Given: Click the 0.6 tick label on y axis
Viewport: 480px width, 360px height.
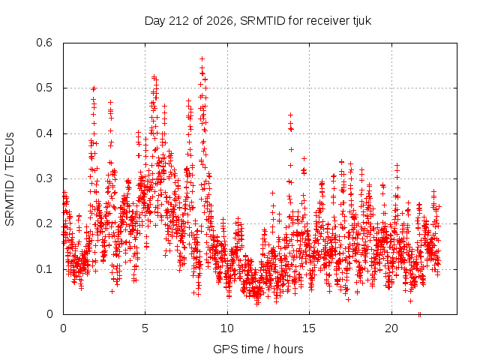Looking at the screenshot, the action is pos(44,43).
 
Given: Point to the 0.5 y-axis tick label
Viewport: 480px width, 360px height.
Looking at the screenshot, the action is pos(44,88).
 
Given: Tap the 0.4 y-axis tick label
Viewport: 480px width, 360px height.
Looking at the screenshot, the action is pos(44,133).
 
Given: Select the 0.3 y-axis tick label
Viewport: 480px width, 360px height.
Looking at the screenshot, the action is pos(44,178).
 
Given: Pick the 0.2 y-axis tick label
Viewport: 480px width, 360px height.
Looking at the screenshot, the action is pos(44,223).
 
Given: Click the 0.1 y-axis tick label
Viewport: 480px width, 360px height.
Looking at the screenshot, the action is pos(44,269).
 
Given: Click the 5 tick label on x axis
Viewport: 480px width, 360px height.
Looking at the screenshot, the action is pos(145,328).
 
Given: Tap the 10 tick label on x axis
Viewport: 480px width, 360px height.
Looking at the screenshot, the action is pos(227,328).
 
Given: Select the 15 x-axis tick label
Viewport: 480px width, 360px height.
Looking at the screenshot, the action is pos(309,328).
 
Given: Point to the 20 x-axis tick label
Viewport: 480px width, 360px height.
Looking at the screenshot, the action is pos(391,328).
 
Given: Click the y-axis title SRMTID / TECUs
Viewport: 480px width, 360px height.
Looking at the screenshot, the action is pos(10,179).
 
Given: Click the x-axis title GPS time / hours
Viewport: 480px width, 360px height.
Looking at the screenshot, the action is pos(258,349).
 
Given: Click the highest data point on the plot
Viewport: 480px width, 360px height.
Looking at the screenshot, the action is pos(202,58).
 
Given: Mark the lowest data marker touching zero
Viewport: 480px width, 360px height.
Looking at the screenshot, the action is pos(419,314).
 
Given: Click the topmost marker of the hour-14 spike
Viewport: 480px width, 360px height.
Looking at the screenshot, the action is pos(291,115).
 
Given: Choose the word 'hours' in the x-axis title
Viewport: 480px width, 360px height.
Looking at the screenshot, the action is pos(288,349).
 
